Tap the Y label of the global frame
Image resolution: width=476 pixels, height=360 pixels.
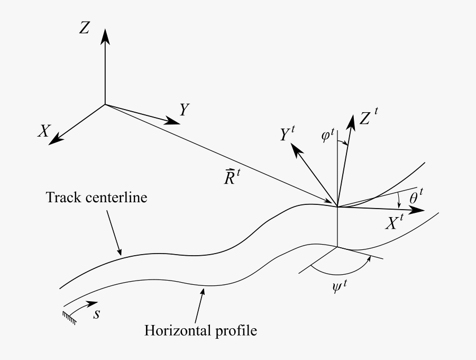click(184, 110)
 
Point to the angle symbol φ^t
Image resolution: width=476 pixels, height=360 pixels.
click(328, 136)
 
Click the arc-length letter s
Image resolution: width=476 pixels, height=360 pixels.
click(97, 314)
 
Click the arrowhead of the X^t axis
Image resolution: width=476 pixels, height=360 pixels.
click(418, 210)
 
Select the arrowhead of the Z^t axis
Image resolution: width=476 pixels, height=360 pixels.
click(351, 121)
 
